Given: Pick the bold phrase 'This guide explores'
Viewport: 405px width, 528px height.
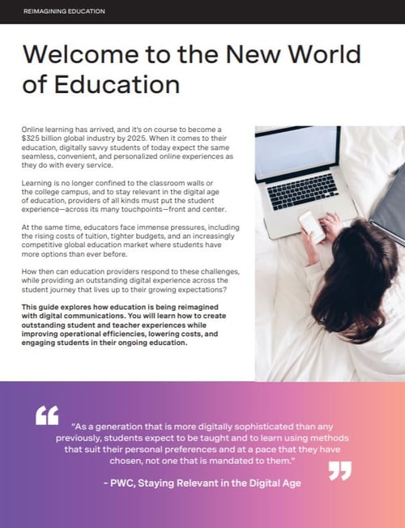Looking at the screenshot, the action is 55,306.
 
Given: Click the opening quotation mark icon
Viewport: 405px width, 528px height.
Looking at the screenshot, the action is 48,416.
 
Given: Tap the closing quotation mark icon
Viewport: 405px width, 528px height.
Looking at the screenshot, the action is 339,471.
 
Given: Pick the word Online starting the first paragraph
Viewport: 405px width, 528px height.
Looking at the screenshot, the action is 35,130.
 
